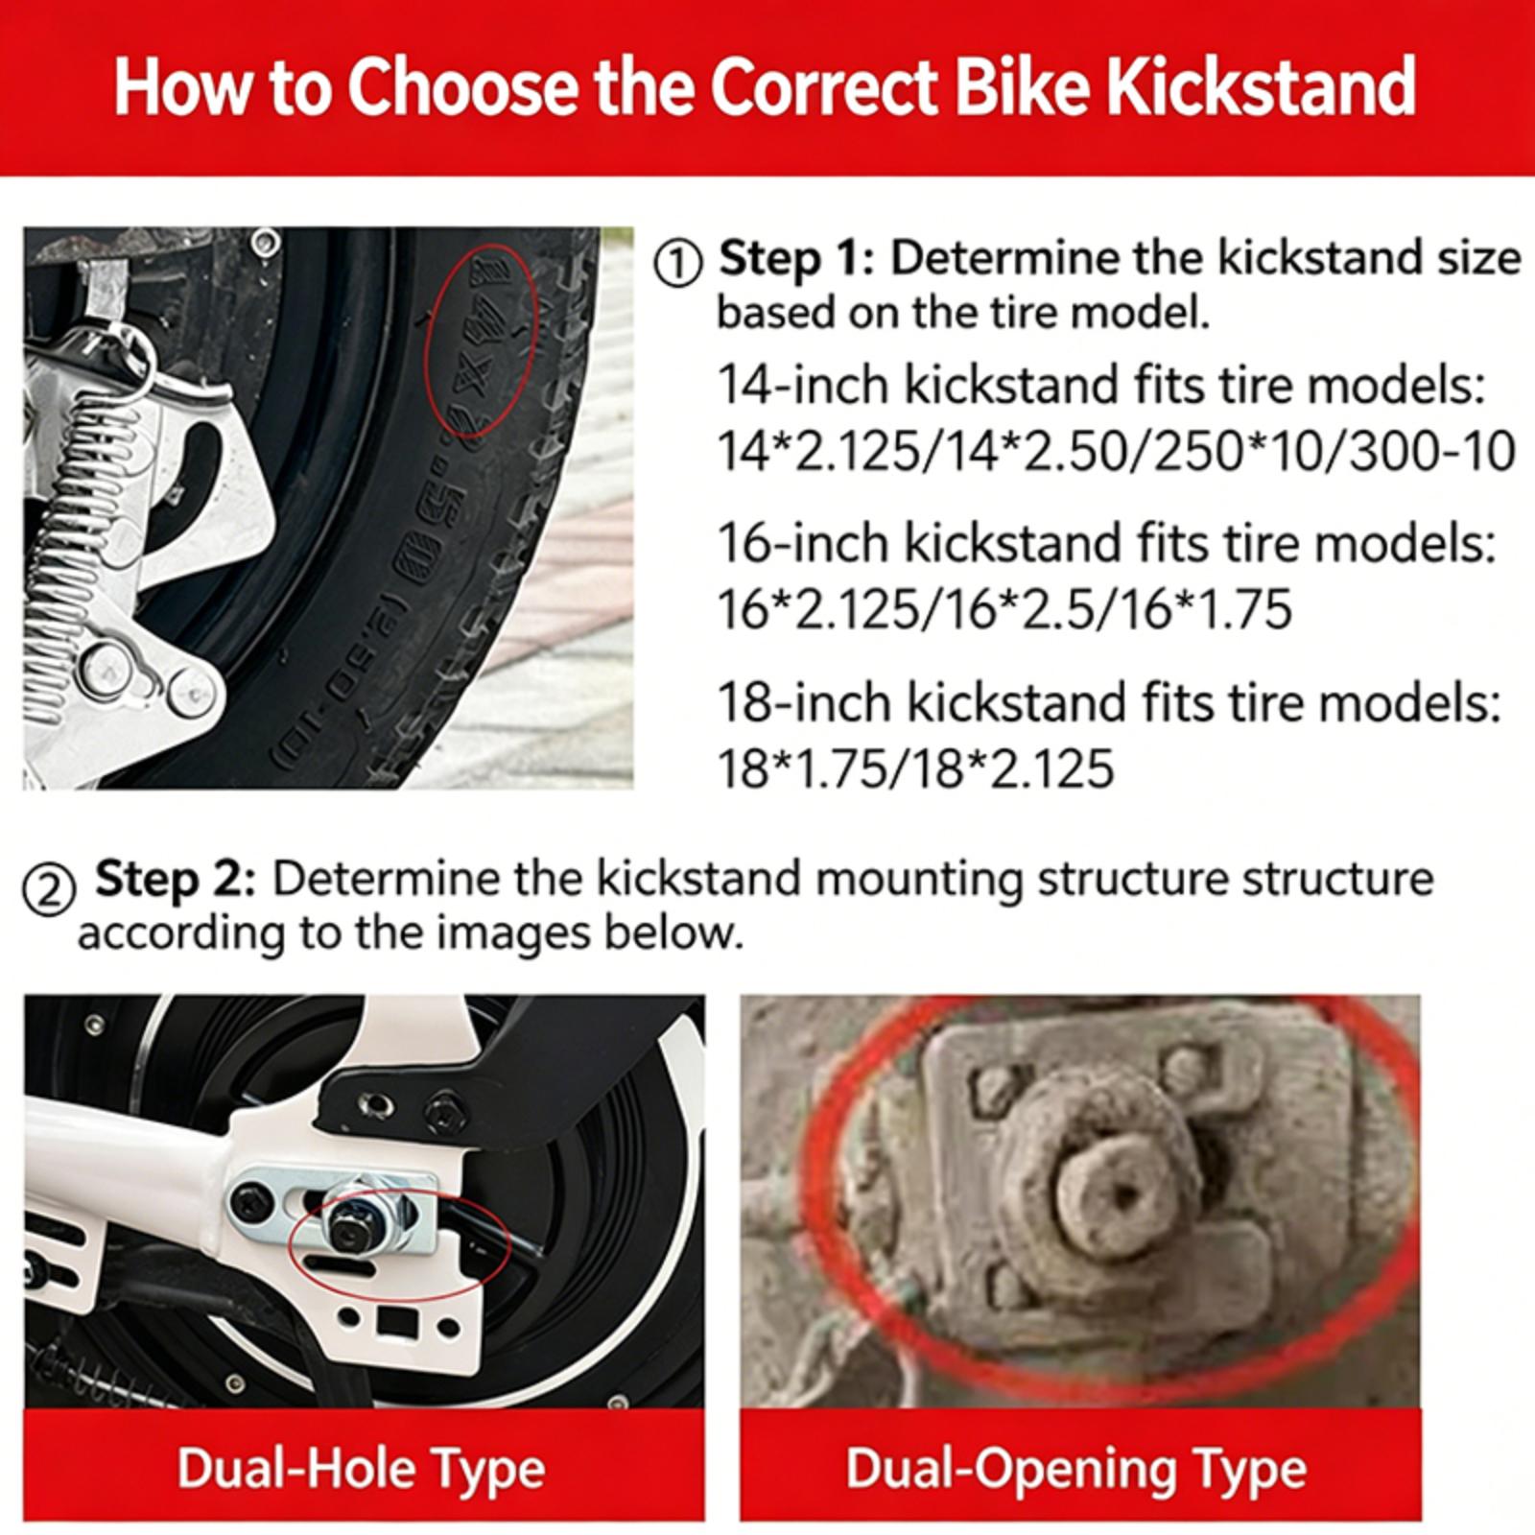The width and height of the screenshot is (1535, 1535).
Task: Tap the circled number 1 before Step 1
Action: point(678,264)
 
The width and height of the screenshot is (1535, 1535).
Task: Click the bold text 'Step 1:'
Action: point(796,259)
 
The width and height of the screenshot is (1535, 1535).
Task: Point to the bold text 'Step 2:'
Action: point(176,879)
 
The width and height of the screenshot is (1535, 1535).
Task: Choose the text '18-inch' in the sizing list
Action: point(805,703)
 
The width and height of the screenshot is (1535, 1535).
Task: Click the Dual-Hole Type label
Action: point(362,1469)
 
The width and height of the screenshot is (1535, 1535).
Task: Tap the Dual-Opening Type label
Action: point(1076,1469)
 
